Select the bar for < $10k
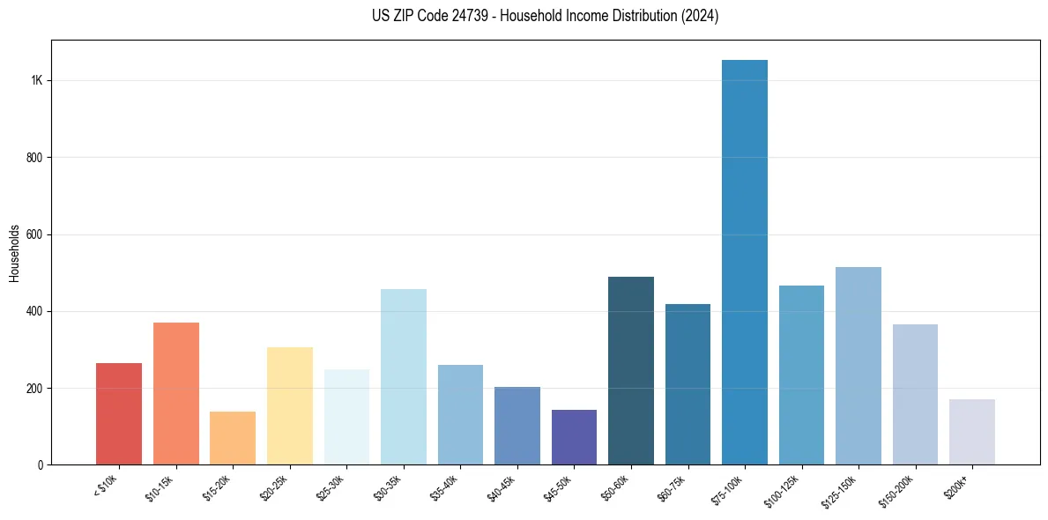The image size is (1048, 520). pyautogui.click(x=119, y=414)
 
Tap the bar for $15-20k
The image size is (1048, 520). pyautogui.click(x=233, y=438)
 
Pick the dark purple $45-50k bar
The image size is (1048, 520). pyautogui.click(x=574, y=437)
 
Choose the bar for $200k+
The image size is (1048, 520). pyautogui.click(x=971, y=432)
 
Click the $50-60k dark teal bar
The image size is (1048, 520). pyautogui.click(x=631, y=371)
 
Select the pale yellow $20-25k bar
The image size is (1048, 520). pyautogui.click(x=289, y=406)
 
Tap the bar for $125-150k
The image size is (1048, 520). pyautogui.click(x=858, y=366)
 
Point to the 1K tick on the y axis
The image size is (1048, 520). pyautogui.click(x=37, y=80)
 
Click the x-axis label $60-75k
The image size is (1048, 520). pyautogui.click(x=673, y=487)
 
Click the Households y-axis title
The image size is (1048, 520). pyautogui.click(x=15, y=254)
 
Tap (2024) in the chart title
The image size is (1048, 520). pyautogui.click(x=701, y=16)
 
